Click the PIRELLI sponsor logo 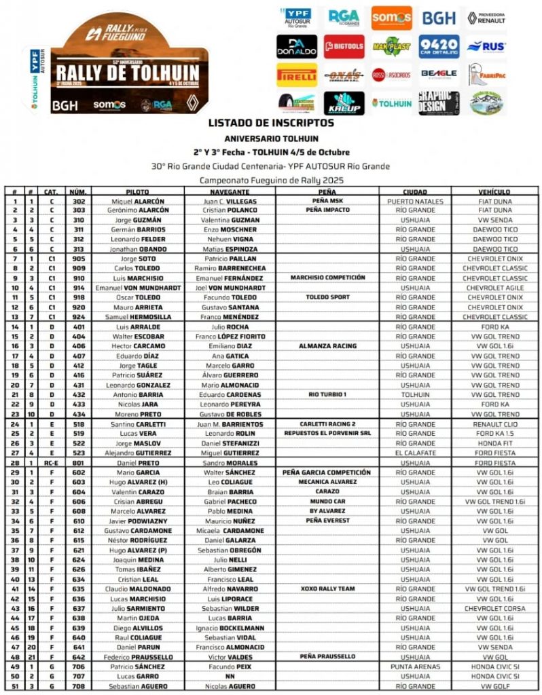coord(297,75)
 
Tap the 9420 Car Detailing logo coord(438,46)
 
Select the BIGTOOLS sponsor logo coord(344,46)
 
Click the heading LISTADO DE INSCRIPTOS coord(271,123)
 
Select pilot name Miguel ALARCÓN coord(137,201)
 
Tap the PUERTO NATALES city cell coord(415,201)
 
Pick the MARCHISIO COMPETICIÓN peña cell coord(328,278)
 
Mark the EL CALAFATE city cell coord(415,453)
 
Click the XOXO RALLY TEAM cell coord(328,588)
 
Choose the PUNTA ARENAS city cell coord(415,666)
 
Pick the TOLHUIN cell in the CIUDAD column coord(415,394)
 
